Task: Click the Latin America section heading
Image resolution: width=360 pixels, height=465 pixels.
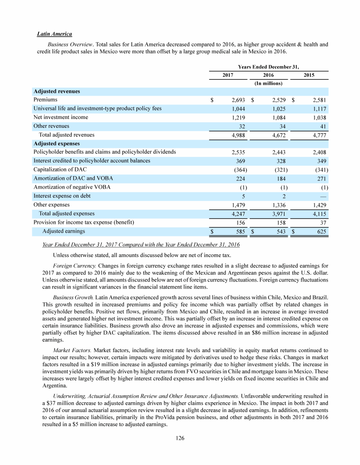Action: point(54,34)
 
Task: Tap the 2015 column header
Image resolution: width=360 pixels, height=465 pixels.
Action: point(308,75)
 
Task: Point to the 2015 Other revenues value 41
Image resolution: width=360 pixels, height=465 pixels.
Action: point(322,126)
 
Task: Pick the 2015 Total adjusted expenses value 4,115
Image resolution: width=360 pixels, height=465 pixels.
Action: point(319,214)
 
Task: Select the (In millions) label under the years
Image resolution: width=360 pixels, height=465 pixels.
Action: point(268,83)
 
